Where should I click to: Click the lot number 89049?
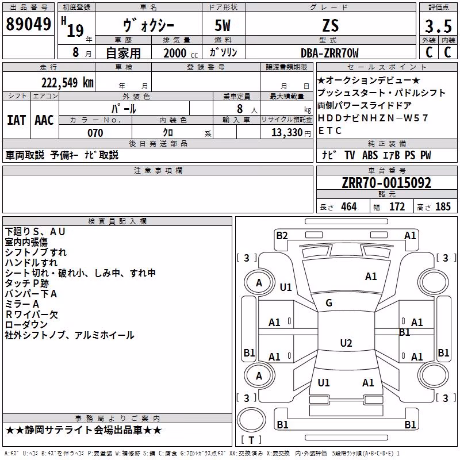28,24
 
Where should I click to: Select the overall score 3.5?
438,26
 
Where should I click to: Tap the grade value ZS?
331,25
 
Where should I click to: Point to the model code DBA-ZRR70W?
329,53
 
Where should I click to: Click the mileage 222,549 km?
67,82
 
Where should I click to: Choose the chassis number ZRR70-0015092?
386,183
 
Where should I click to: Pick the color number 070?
95,133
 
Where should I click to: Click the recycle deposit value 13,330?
286,133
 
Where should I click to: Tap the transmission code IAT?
17,120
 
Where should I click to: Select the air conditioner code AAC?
44,120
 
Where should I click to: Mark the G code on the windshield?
329,303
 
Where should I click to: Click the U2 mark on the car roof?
346,343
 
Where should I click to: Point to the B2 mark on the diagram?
282,236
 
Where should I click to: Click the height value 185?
443,206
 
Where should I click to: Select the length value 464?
349,206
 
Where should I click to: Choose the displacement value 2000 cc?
181,53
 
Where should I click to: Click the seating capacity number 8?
240,109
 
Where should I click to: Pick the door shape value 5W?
223,25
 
